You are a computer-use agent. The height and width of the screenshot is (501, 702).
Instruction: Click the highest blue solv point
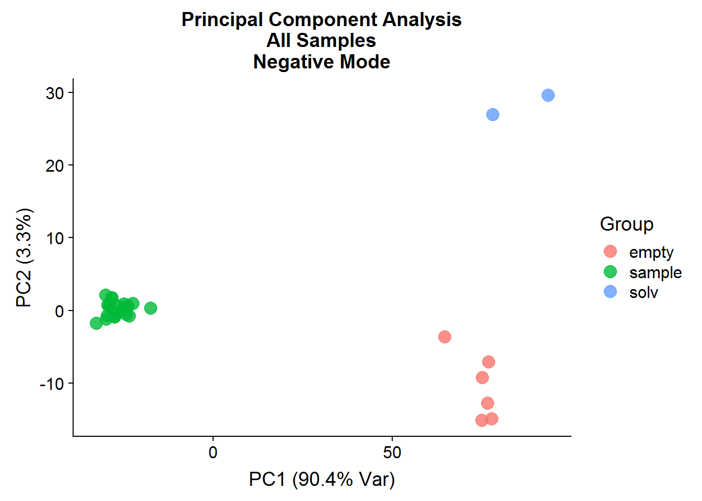(x=548, y=95)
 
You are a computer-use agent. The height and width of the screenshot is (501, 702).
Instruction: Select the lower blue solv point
(x=493, y=114)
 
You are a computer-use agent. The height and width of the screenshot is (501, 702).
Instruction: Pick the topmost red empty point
(x=444, y=337)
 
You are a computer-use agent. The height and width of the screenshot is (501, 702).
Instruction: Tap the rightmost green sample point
(x=150, y=308)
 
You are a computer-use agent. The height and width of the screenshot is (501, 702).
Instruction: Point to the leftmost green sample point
(x=96, y=323)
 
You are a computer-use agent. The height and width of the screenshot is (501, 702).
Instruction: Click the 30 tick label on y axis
(x=55, y=93)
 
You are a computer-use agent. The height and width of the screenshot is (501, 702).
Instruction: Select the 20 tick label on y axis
(x=55, y=166)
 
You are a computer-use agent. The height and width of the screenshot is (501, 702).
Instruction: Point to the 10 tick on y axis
(x=55, y=238)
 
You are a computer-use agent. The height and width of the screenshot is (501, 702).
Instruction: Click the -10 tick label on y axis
(x=52, y=384)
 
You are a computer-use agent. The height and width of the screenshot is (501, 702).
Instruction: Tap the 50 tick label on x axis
(x=392, y=452)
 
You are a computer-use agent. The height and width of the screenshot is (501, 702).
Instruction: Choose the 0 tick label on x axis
(x=213, y=452)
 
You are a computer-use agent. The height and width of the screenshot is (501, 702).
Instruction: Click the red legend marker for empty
(x=610, y=252)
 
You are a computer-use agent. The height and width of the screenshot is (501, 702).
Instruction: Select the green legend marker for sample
(x=610, y=272)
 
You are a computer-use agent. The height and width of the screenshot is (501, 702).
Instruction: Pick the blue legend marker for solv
(x=610, y=292)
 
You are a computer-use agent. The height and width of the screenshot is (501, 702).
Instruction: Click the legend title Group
(x=626, y=224)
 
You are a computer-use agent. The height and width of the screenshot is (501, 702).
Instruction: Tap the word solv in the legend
(x=643, y=292)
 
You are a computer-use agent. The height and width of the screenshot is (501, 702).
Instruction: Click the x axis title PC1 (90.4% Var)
(x=322, y=479)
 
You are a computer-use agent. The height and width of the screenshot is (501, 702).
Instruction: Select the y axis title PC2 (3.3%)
(x=25, y=258)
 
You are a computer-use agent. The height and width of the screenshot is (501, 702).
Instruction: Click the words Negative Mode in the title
(x=322, y=62)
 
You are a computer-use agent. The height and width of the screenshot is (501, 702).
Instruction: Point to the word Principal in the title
(x=222, y=20)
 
